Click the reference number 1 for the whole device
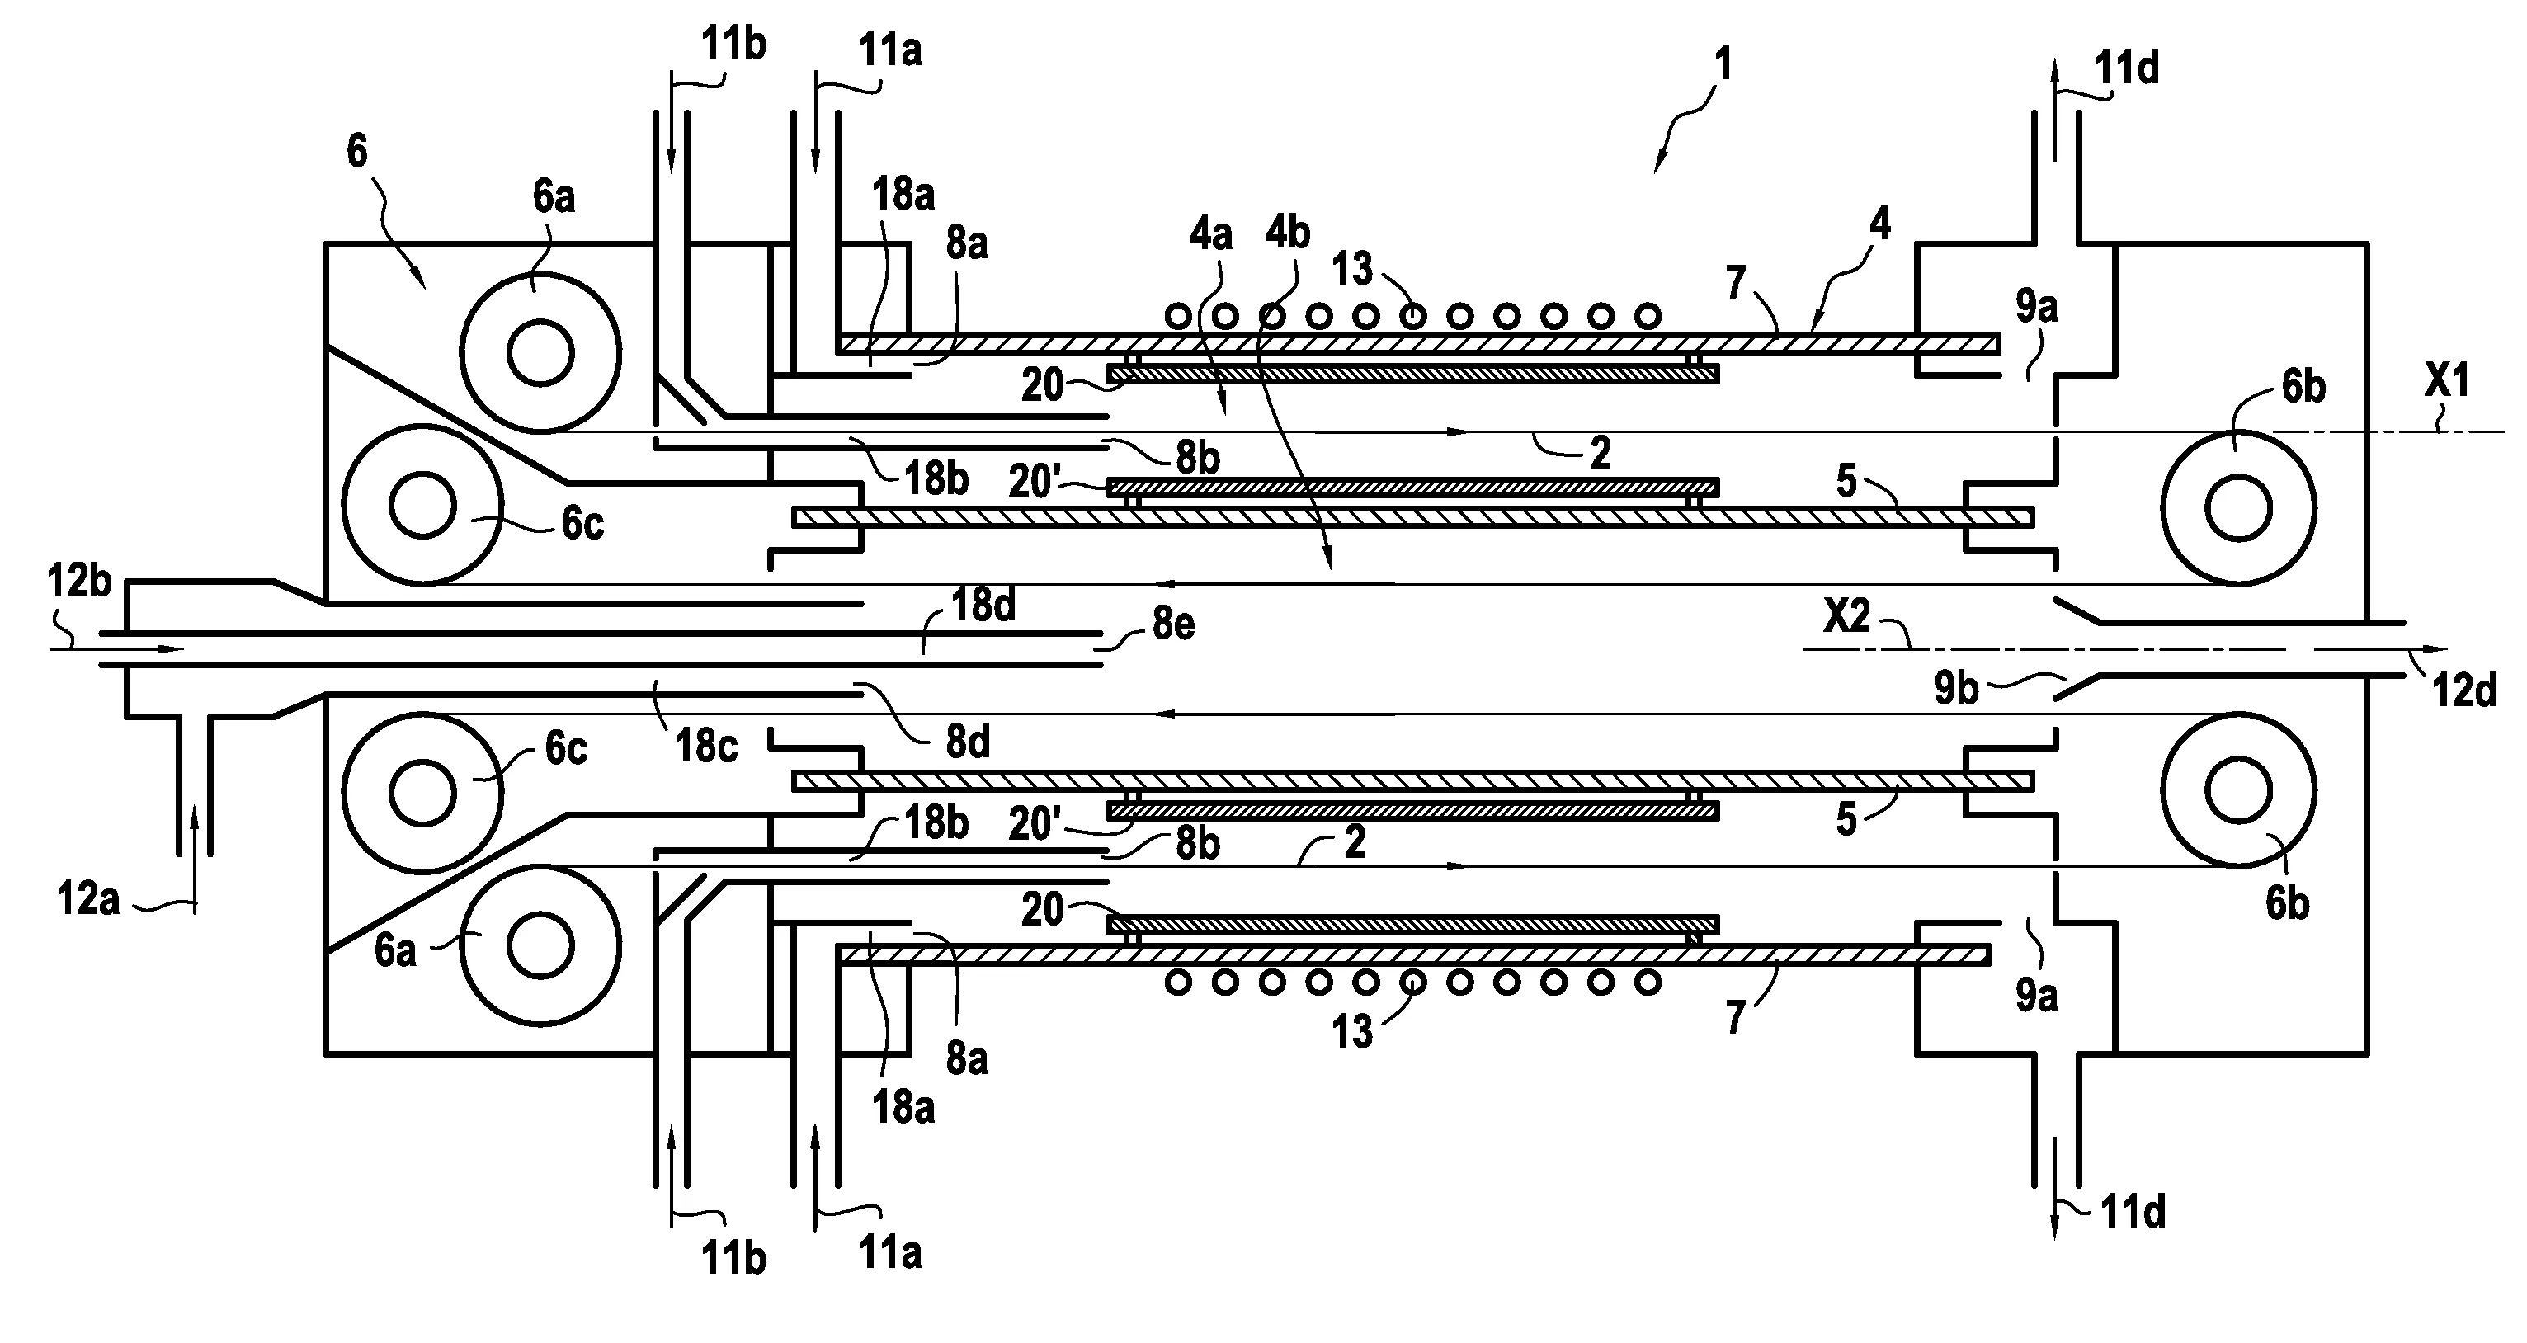(x=1723, y=64)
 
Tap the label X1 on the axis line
(x=2446, y=380)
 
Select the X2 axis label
(x=1847, y=617)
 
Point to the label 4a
(x=1210, y=235)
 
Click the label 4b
(x=1288, y=233)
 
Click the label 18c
(x=706, y=747)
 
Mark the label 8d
(x=967, y=743)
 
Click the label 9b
(x=1956, y=690)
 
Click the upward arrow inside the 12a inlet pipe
(x=194, y=854)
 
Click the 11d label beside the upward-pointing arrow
(x=2127, y=68)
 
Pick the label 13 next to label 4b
(x=1353, y=269)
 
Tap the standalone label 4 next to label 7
(x=1879, y=224)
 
